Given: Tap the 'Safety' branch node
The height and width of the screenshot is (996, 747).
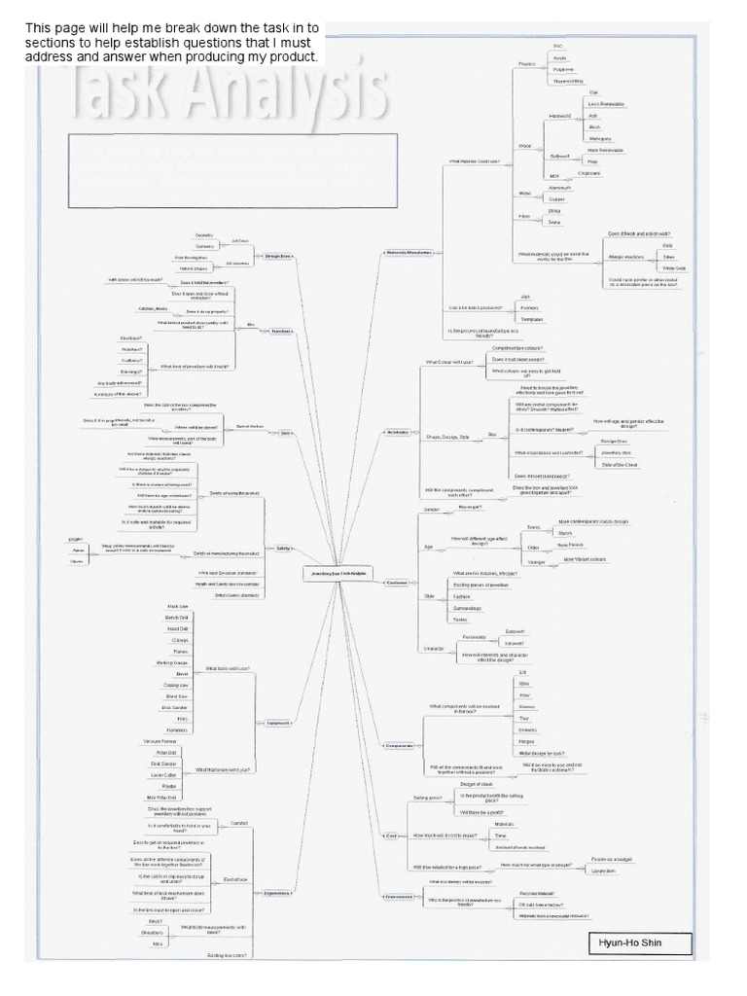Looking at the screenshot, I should pos(283,549).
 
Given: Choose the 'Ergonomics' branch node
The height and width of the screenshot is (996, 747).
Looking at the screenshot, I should pos(277,892).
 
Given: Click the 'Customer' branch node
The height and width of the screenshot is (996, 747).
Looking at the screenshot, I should pos(396,583).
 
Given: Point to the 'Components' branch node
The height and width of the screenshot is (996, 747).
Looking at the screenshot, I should pos(399,746).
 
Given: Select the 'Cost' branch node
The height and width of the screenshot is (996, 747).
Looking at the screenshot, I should pos(391,836).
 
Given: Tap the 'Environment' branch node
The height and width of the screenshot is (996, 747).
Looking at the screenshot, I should pos(399,896).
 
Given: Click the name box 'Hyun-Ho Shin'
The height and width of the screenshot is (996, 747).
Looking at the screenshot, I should pos(641,943).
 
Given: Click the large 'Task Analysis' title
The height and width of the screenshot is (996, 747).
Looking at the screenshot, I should pos(229,97).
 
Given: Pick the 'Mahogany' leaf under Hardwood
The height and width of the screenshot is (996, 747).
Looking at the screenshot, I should pos(600,138).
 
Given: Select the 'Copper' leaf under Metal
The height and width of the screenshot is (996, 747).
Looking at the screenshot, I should pos(557,198).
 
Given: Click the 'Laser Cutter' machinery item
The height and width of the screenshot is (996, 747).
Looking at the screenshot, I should pos(163,774).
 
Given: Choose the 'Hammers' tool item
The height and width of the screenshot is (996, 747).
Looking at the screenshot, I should pos(176,729).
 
